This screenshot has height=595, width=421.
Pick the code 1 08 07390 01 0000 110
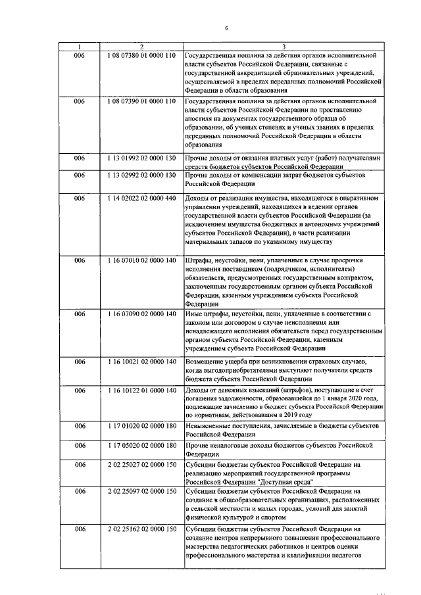[x=141, y=102]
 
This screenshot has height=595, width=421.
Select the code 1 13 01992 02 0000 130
[x=141, y=158]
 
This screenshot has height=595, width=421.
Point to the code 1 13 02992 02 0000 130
[x=141, y=176]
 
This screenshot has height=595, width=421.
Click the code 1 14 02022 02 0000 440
[x=141, y=197]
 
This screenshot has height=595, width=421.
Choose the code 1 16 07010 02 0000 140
[x=141, y=260]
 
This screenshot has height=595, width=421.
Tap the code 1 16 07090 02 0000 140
[x=141, y=314]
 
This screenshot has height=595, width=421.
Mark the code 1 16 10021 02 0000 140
[x=141, y=362]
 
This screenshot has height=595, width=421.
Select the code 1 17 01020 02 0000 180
[x=141, y=426]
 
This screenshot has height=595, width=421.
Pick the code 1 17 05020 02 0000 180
[x=141, y=445]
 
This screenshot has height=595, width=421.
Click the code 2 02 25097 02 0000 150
[x=141, y=491]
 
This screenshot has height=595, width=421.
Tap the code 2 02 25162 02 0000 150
[x=141, y=529]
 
